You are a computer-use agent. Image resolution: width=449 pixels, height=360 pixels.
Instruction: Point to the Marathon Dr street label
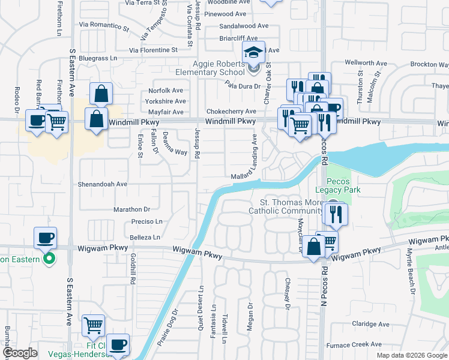click(131, 209)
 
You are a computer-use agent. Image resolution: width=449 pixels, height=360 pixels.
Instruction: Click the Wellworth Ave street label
click(366, 63)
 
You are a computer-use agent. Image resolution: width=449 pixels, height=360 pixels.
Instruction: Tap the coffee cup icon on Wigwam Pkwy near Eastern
click(46, 238)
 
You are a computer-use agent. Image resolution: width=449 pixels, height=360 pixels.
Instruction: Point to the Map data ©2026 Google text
click(411, 355)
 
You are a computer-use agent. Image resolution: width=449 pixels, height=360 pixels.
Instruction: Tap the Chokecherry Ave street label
click(231, 112)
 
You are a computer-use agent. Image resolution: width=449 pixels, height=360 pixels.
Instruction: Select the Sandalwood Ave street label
click(244, 26)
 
